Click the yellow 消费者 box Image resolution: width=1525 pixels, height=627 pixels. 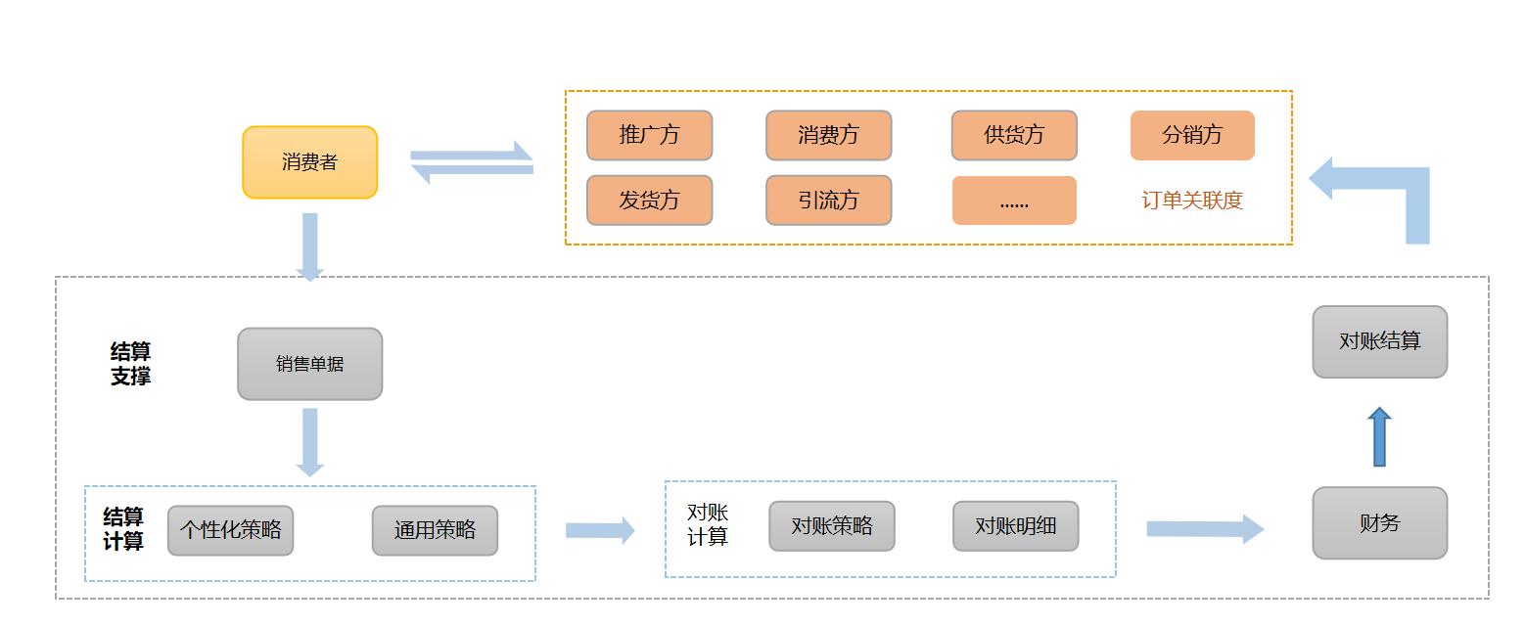pos(309,162)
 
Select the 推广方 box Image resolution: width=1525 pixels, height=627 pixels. pos(649,135)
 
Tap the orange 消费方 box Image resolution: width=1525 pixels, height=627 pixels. pos(828,135)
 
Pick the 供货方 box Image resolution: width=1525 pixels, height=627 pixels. pos(1014,135)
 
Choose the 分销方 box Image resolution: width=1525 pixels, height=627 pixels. pos(1192,135)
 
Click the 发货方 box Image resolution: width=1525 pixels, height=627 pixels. pos(649,201)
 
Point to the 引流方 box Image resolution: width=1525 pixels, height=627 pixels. pos(828,201)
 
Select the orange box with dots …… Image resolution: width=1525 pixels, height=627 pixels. pos(1014,201)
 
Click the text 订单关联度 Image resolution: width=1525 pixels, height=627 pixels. pos(1192,201)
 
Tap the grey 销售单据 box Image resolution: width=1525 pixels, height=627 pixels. pos(309,364)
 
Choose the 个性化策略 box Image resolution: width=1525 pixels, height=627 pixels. pos(230,530)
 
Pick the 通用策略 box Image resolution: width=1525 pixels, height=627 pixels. pos(435,530)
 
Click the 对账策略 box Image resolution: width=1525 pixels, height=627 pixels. pos(831,526)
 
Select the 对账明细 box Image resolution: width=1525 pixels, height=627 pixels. pos(1015,526)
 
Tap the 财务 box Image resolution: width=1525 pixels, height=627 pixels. pos(1379,523)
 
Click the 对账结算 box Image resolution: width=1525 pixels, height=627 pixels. pos(1379,341)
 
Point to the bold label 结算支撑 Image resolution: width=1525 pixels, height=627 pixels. pos(130,364)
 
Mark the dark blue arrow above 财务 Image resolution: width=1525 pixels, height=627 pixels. pos(1379,436)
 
